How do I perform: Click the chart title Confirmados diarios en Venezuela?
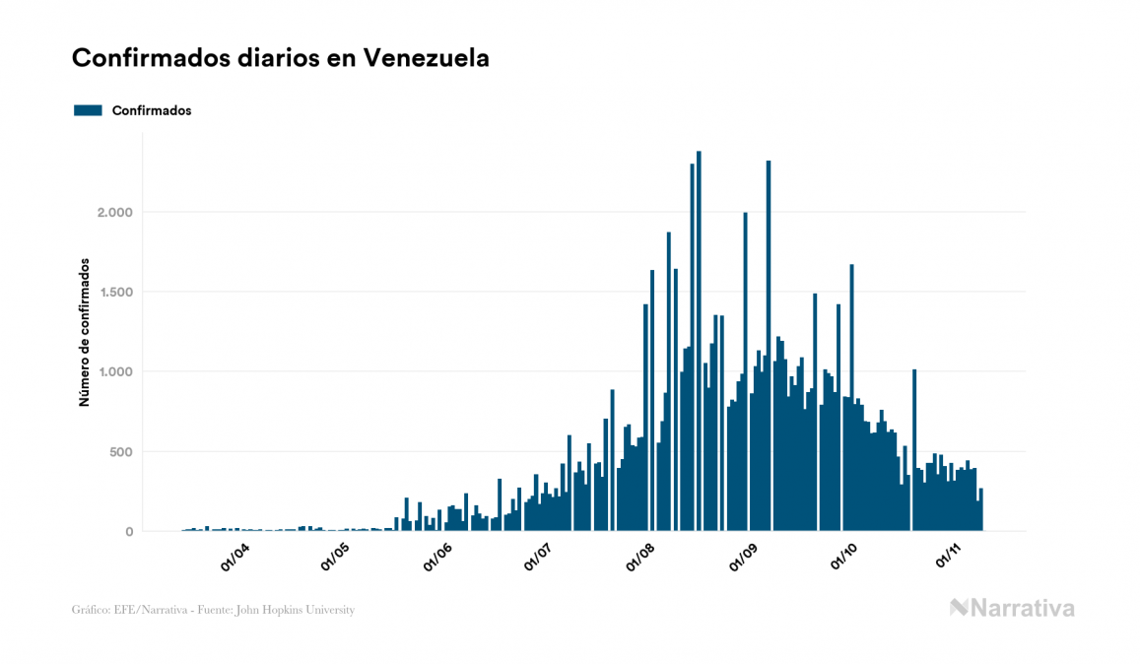click(x=281, y=58)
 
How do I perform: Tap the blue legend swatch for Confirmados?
click(x=88, y=110)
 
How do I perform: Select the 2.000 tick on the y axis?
click(x=109, y=213)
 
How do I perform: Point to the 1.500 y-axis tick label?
click(x=109, y=293)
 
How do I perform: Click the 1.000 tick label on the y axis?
click(x=109, y=372)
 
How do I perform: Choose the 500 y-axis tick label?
click(x=116, y=452)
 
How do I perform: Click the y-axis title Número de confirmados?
click(x=85, y=333)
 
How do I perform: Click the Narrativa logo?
click(x=1012, y=608)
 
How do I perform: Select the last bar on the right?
click(x=981, y=510)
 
